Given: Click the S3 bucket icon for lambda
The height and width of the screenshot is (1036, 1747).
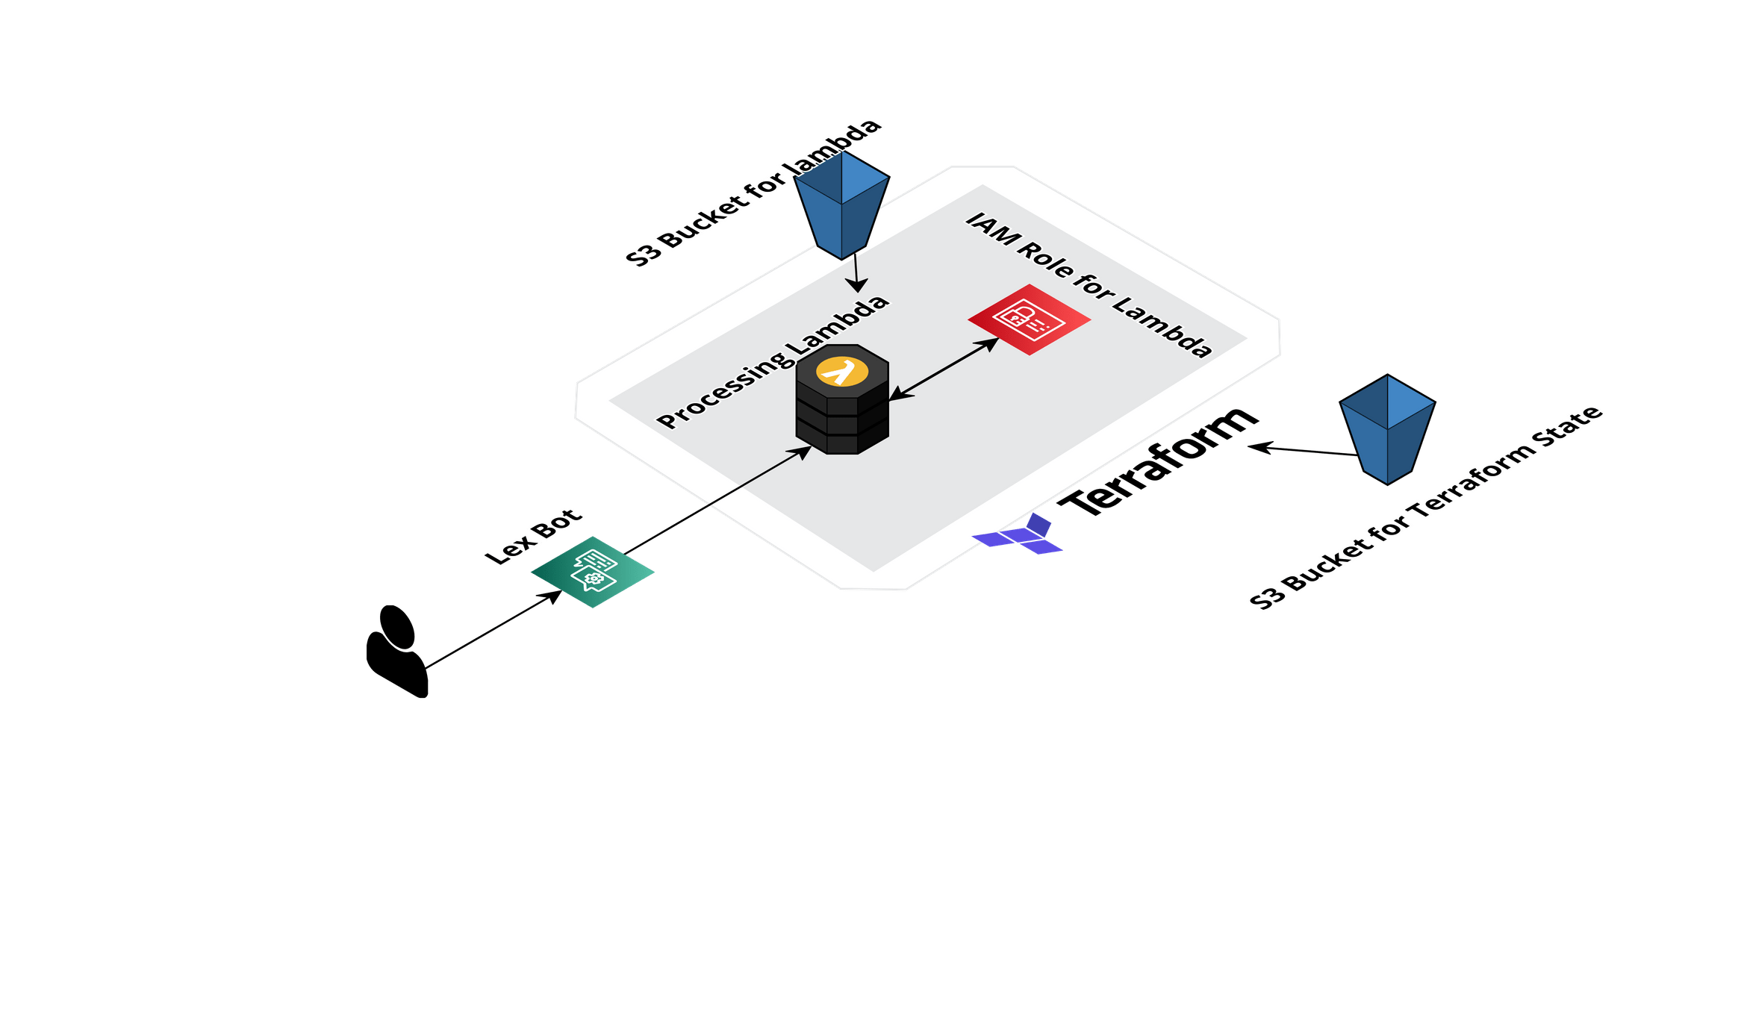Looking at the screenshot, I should click(x=841, y=205).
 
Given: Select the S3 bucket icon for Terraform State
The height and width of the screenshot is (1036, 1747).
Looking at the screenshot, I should click(x=1387, y=430).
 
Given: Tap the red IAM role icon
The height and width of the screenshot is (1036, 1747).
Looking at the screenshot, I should click(x=1029, y=319).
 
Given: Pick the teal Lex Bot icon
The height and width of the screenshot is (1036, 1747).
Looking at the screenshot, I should click(x=593, y=572).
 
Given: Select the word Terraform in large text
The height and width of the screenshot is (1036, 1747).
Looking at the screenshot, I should click(x=1157, y=463).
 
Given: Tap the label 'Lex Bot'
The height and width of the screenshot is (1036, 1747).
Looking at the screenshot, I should click(x=532, y=537).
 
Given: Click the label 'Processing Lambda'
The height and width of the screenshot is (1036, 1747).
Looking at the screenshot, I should click(x=773, y=363).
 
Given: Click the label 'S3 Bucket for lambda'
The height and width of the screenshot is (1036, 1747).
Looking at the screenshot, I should click(x=754, y=193).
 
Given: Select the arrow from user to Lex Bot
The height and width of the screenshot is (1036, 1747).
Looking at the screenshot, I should click(x=493, y=629).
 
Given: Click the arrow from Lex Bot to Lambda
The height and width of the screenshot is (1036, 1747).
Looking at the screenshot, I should click(x=717, y=501).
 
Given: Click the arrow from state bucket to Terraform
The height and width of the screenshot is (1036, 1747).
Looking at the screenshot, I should click(x=1302, y=450).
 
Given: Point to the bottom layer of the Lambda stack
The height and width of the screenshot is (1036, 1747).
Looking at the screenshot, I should click(x=842, y=442).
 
